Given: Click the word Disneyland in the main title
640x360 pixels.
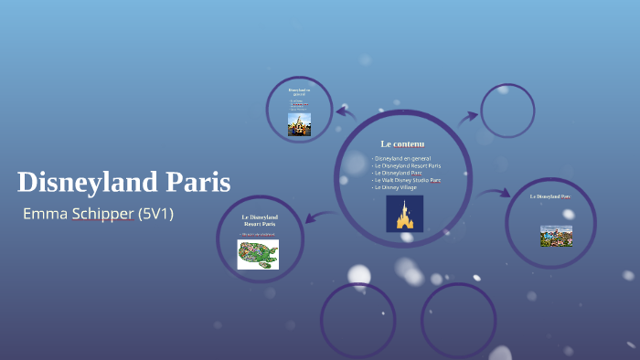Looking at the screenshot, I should [x=88, y=183].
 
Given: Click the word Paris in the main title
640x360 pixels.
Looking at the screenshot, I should [x=197, y=183].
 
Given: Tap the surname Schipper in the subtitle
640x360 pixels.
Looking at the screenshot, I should [x=102, y=214].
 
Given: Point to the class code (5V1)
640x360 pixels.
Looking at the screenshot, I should [x=155, y=214].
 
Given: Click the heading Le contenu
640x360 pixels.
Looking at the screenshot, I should [x=402, y=143].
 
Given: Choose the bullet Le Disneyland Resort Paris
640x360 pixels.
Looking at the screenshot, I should [x=408, y=165].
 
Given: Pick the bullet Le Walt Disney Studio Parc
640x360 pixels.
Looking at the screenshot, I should [x=408, y=180].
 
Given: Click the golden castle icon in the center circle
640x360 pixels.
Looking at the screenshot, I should [x=404, y=214].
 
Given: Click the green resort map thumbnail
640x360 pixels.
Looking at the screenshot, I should [x=258, y=254].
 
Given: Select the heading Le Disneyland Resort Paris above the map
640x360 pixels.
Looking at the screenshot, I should [x=260, y=220].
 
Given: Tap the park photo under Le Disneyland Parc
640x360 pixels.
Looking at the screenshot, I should [x=556, y=235].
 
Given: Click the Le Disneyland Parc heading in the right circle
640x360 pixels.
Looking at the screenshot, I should [x=550, y=196].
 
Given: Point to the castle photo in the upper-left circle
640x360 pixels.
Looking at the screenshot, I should [x=299, y=124].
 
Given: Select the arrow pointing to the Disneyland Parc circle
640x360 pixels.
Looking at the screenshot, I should [x=495, y=193].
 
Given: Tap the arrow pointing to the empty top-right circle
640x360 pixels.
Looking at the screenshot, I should [x=468, y=117].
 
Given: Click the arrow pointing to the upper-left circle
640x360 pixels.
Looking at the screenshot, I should [x=345, y=112].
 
